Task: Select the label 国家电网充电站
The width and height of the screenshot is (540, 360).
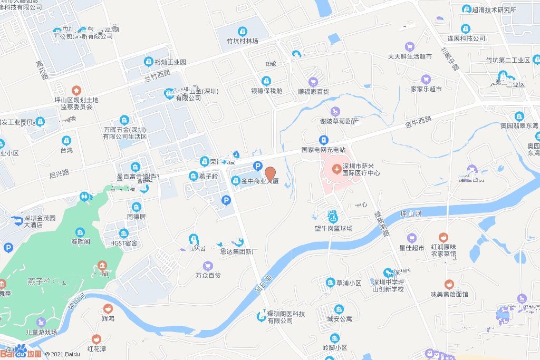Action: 323,149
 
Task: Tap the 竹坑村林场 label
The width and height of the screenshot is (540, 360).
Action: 243,41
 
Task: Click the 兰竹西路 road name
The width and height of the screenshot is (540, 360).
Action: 158,76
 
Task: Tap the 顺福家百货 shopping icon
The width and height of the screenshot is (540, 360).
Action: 313,82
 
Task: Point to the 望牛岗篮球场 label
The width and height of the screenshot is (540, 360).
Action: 330,229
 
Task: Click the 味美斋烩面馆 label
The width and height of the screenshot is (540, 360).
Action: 449,294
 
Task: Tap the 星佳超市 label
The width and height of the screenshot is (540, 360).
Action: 411,248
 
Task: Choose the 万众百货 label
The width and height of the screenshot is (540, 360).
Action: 208,275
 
